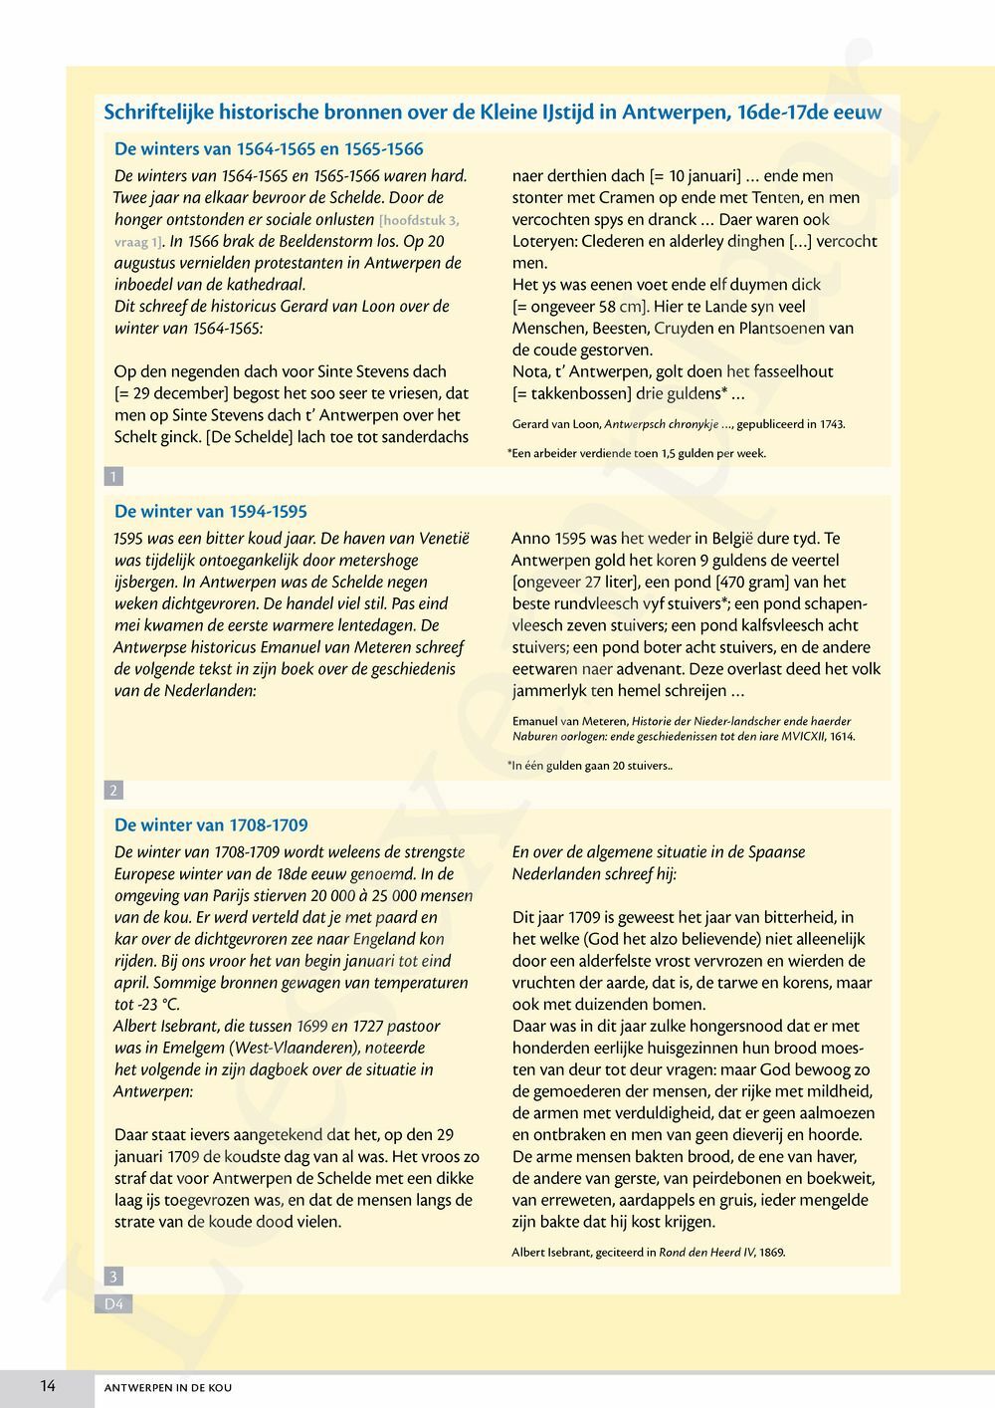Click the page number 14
tap(48, 1385)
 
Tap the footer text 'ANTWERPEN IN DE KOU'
tap(168, 1387)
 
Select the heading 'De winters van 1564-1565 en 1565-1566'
tap(269, 149)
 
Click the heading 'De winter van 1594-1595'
tap(211, 512)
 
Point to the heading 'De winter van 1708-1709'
tap(211, 825)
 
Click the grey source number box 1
tap(113, 477)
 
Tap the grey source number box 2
tap(113, 791)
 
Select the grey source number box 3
tap(113, 1277)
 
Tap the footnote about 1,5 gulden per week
tap(637, 453)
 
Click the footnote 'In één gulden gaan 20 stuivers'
tap(590, 766)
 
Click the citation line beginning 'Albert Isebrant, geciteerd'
tap(648, 1252)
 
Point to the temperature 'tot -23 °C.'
tap(147, 1005)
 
